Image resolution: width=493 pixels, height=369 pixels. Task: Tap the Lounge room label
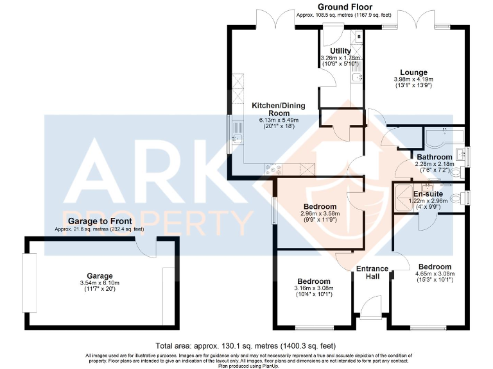(413, 72)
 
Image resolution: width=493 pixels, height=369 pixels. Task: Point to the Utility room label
(340, 51)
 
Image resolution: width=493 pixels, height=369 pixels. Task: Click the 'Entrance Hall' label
(372, 272)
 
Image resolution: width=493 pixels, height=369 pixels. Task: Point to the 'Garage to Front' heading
(99, 221)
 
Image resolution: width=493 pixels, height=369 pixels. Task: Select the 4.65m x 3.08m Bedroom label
(435, 266)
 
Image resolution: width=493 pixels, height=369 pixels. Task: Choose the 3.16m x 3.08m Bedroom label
(314, 281)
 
